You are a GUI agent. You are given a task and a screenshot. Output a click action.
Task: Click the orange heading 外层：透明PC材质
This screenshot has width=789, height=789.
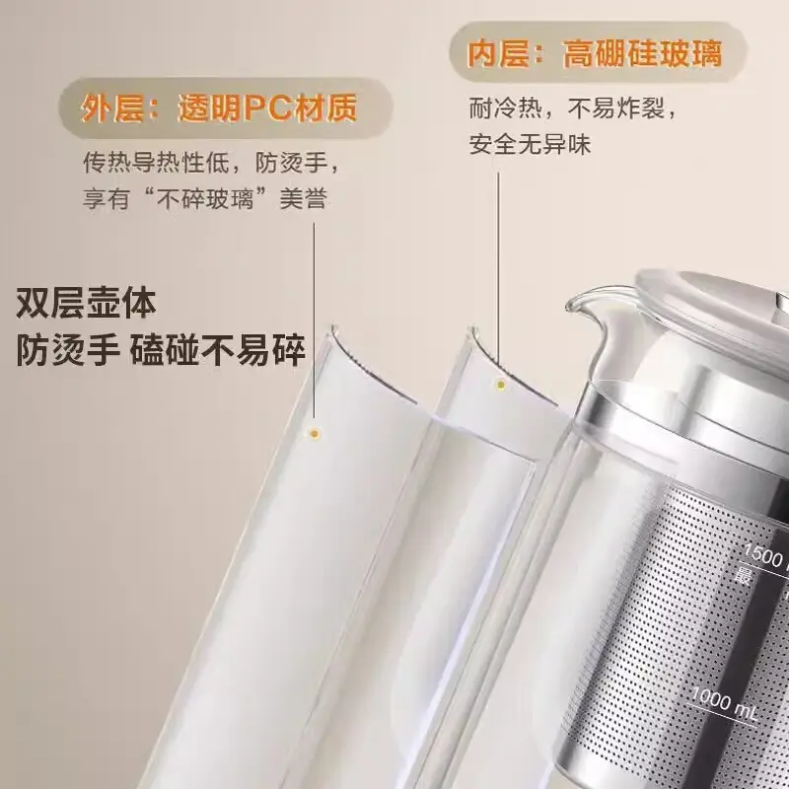tap(219, 108)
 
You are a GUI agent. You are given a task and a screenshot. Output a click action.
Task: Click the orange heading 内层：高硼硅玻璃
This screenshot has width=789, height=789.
tap(595, 53)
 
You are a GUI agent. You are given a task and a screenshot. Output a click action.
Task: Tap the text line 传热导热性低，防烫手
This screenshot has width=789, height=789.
tap(211, 162)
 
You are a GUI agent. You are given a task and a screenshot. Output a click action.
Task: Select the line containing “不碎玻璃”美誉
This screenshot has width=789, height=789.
tap(205, 198)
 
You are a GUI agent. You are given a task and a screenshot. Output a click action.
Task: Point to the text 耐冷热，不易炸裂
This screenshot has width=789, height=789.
tap(573, 108)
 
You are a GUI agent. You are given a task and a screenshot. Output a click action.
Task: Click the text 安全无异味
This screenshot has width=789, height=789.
tap(530, 144)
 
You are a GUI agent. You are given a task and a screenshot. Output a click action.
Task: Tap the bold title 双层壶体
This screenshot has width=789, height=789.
tap(86, 303)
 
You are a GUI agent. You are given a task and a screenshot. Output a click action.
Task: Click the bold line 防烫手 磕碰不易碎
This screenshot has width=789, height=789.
tap(161, 350)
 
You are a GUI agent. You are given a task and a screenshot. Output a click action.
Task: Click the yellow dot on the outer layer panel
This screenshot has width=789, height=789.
tap(315, 434)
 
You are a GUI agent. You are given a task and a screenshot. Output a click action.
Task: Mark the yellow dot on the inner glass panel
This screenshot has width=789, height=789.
tap(501, 386)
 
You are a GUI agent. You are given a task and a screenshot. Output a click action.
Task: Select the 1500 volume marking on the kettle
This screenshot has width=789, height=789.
tap(763, 555)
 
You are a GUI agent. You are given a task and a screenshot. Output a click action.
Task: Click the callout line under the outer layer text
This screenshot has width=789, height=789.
tap(315, 322)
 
